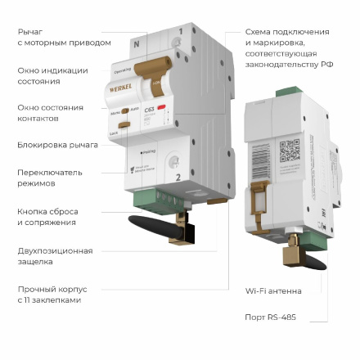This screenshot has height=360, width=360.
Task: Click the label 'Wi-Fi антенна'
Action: (273, 290)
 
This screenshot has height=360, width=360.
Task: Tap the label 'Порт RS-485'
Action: (270, 316)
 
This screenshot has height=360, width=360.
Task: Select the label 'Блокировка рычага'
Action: (57, 145)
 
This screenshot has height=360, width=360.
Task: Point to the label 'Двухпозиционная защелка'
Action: (55, 256)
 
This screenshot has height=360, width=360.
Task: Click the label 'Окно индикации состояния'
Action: (52, 76)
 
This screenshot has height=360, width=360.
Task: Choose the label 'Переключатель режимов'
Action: (50, 178)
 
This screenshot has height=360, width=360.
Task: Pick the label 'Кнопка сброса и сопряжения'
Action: (47, 216)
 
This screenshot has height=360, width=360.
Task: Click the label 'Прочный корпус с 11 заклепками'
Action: (52, 294)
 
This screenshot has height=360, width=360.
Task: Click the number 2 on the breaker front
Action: (178, 176)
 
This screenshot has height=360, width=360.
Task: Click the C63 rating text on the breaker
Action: (149, 109)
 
